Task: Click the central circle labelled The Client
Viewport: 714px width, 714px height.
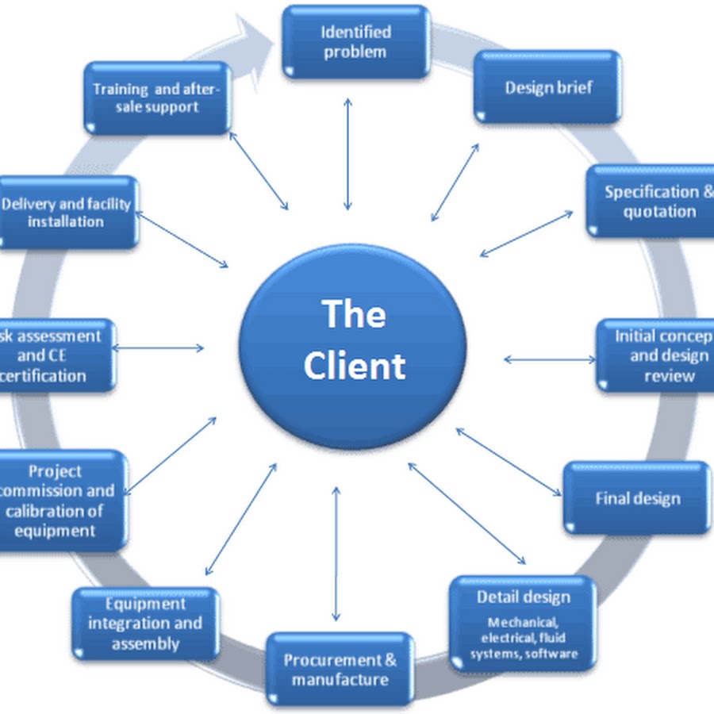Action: pos(353,341)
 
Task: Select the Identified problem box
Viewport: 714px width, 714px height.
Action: pos(355,42)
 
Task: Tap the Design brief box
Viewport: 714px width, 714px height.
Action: pos(547,87)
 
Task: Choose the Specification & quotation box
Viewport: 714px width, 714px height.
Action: pos(651,201)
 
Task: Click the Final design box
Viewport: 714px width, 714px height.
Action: pos(637,498)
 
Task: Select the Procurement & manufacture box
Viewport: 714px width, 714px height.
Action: pos(340,670)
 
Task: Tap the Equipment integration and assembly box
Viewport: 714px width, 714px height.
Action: pos(145,624)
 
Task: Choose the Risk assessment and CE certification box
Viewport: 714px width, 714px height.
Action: pos(56,355)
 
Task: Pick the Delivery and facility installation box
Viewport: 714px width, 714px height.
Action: pos(67,212)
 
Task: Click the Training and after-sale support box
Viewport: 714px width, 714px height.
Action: pos(156,97)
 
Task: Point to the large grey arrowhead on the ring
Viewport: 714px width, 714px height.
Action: pos(255,44)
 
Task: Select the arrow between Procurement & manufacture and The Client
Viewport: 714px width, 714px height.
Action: pos(336,553)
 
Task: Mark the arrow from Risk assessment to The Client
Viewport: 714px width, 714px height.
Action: pos(159,347)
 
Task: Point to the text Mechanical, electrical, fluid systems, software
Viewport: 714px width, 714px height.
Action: pos(523,639)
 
